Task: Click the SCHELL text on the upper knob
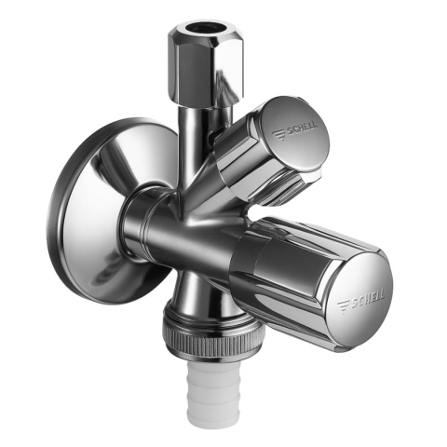click(x=302, y=129)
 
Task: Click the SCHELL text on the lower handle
click(x=368, y=299)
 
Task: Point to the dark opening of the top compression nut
click(x=200, y=30)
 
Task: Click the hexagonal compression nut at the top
click(x=205, y=62)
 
